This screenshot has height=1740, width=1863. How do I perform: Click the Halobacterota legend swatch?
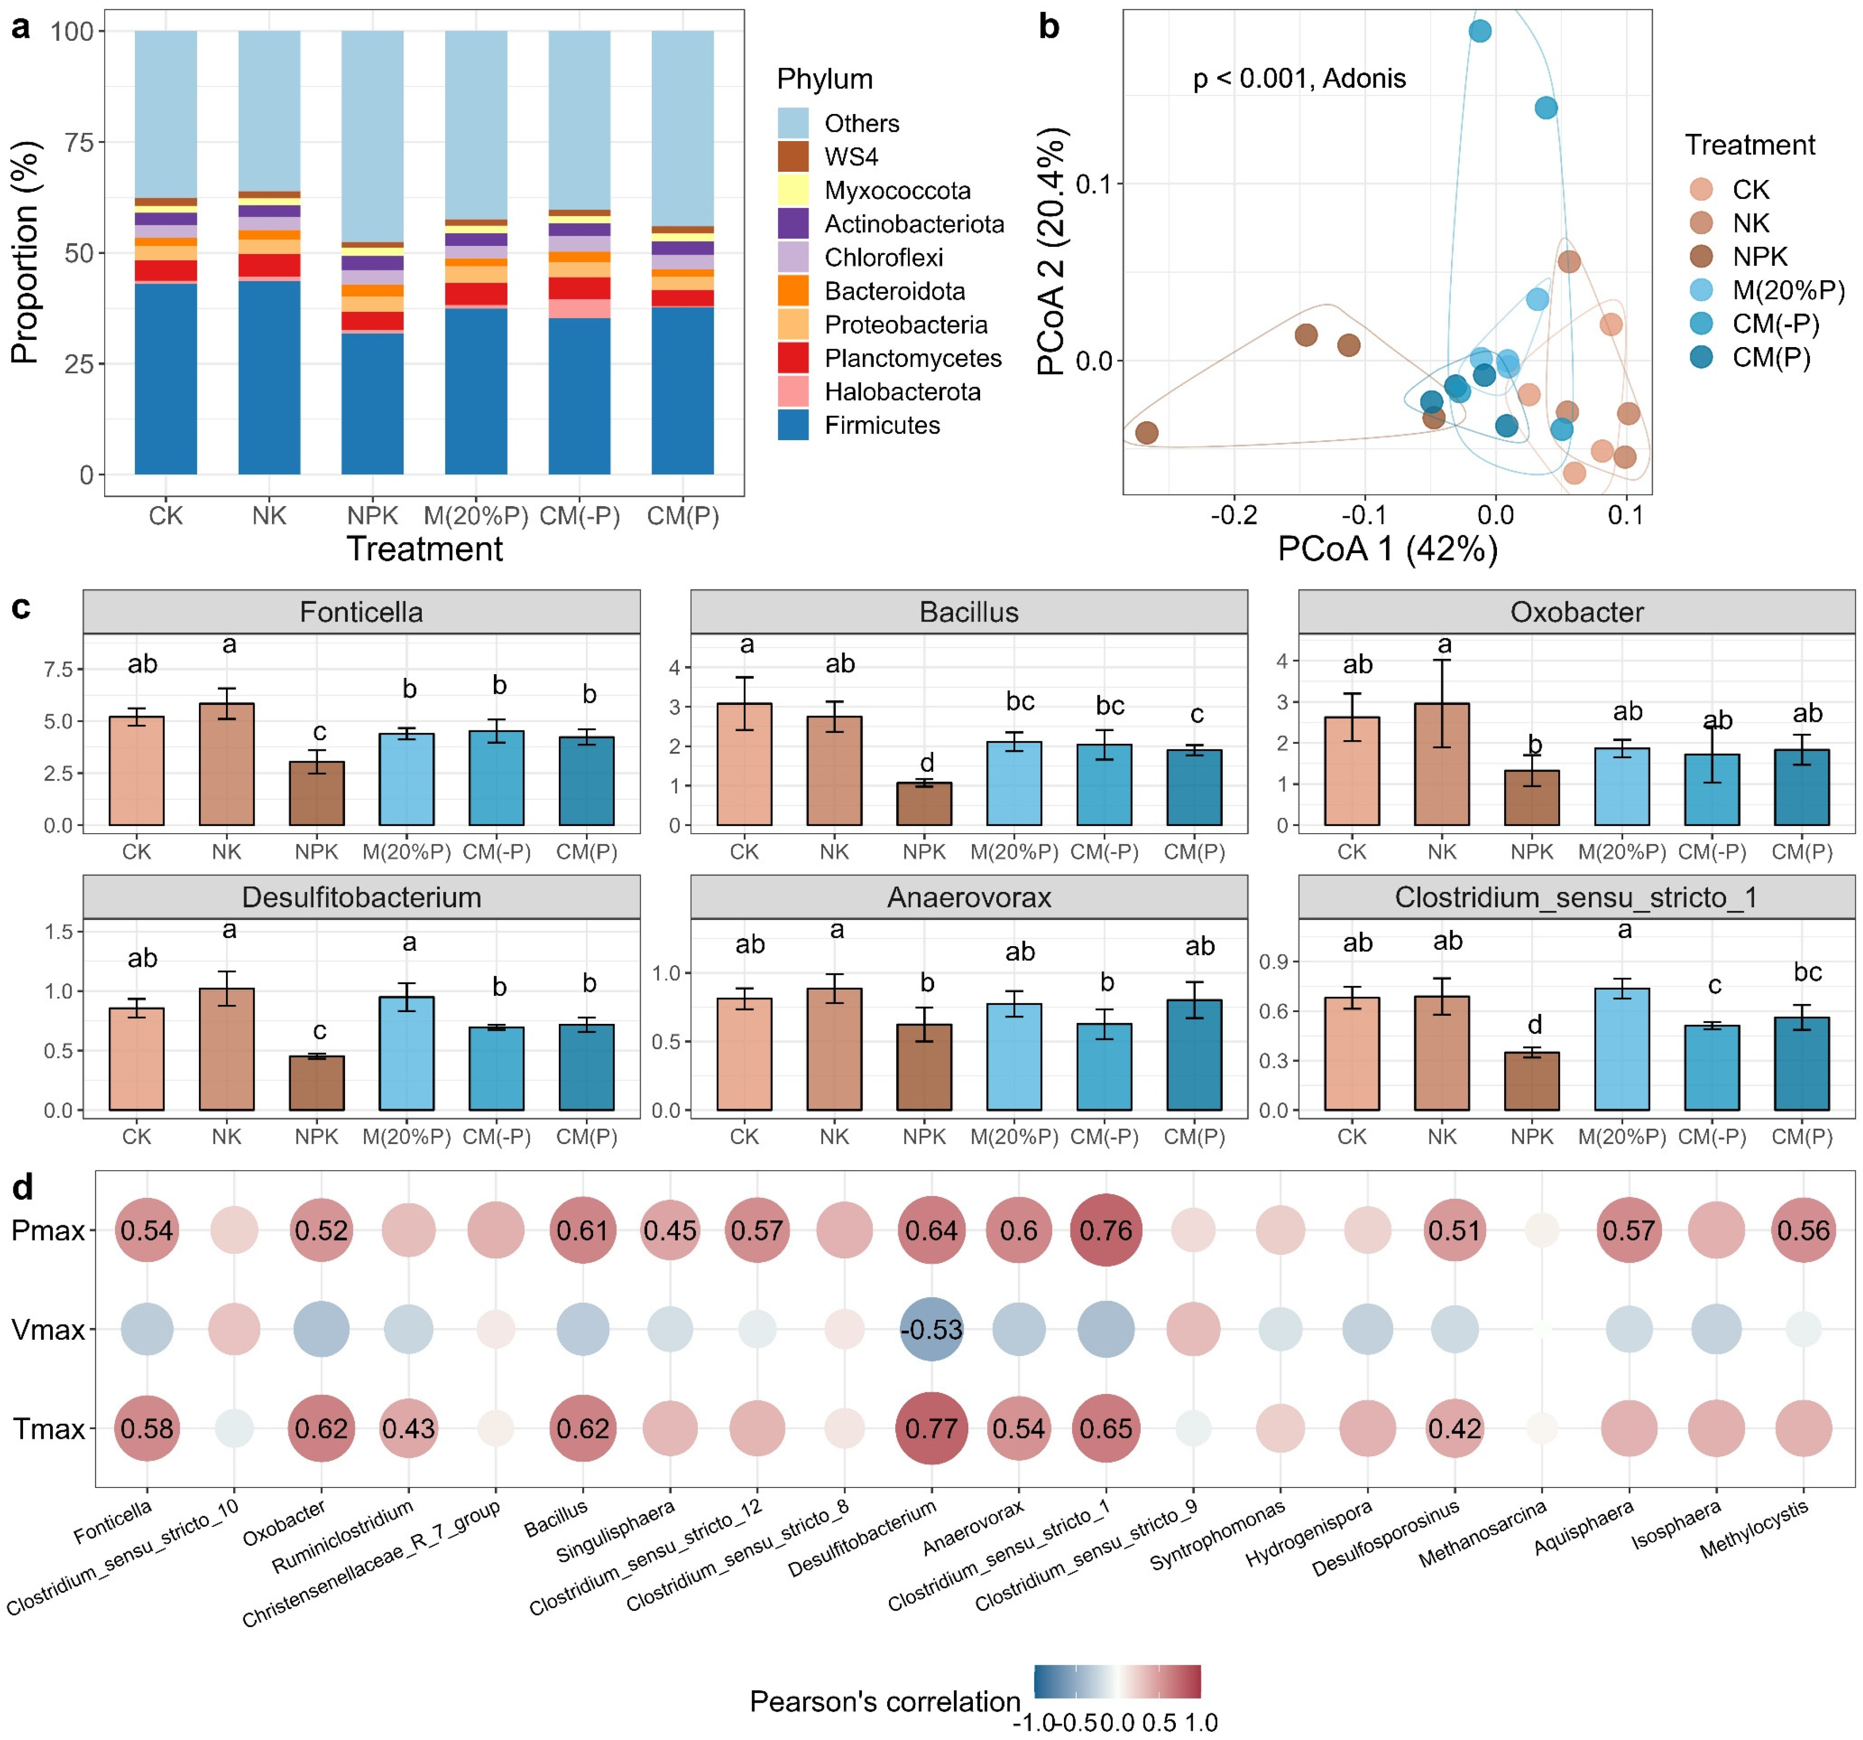coord(793,392)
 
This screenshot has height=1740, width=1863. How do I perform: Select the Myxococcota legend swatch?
coord(793,190)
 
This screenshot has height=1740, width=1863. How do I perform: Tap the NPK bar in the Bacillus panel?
coord(924,804)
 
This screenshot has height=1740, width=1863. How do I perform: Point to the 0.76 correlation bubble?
coord(1106,1230)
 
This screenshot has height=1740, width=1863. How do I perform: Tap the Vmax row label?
coord(47,1330)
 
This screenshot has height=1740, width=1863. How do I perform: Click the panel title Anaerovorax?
coord(969,898)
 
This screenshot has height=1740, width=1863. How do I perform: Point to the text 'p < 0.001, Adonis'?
coord(1299,79)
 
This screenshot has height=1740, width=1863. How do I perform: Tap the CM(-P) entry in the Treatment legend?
coord(1775,324)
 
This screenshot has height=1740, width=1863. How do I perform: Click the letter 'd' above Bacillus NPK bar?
coord(926,763)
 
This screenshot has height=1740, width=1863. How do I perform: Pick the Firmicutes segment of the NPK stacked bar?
coord(372,403)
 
